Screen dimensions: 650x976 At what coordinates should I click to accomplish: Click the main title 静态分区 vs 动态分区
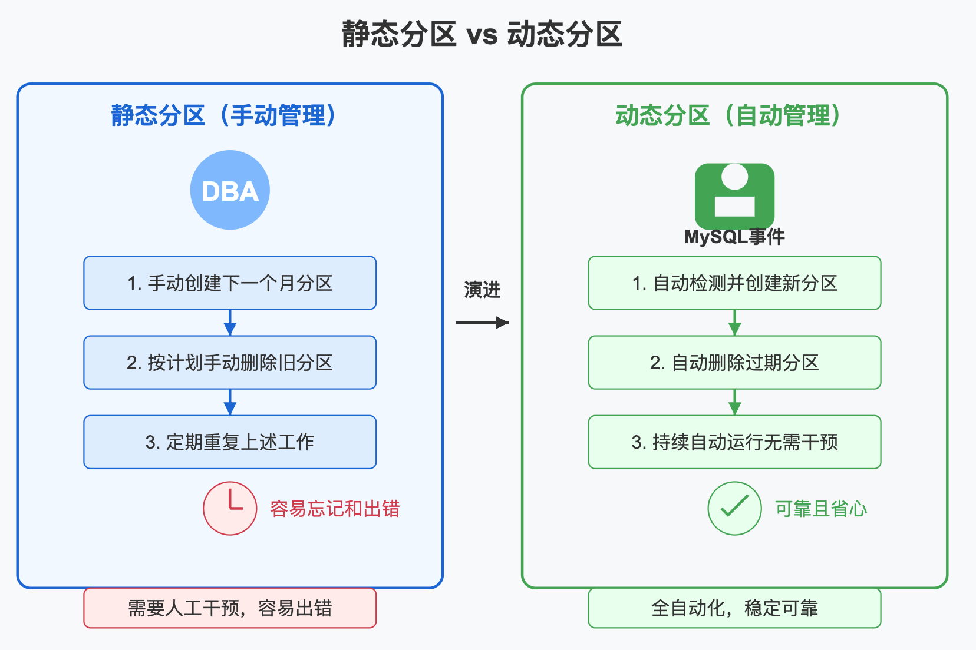coord(482,34)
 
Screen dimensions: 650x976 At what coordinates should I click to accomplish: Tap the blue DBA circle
coord(230,190)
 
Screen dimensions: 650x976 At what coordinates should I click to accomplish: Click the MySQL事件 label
coord(734,237)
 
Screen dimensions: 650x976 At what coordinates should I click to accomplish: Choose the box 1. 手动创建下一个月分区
coord(230,283)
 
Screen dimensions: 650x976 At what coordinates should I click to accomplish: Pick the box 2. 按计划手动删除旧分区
coord(230,363)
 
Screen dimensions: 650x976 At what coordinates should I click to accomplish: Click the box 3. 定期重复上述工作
coord(230,442)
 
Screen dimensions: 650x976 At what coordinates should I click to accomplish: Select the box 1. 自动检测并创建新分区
coord(734,283)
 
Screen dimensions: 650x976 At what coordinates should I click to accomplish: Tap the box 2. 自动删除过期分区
coord(734,363)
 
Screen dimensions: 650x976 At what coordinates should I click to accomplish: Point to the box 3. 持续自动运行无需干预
coord(734,442)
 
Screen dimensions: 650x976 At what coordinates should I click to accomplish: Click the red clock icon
coord(230,508)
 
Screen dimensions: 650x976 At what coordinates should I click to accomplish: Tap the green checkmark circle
coord(734,508)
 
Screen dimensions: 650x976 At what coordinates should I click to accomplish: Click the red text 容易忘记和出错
coord(335,509)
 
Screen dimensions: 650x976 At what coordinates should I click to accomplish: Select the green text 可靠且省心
coord(820,509)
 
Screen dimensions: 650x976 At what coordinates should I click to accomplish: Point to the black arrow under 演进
coord(482,322)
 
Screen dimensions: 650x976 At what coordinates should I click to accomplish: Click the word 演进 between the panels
coord(482,290)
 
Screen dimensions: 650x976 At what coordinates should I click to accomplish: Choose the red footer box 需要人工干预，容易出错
coord(230,608)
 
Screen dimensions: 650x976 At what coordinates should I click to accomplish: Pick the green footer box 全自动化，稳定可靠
coord(734,608)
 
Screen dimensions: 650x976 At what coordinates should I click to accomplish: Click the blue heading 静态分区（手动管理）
coord(224,115)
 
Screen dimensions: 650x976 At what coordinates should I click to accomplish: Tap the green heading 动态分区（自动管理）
coord(728,115)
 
